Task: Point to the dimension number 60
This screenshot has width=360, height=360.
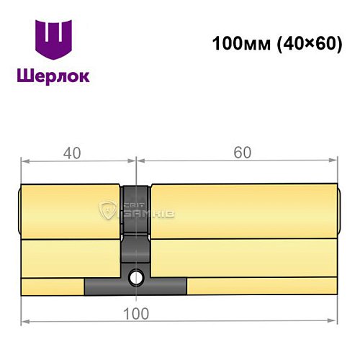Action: [243, 153]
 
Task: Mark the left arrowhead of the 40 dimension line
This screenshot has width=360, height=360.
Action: [24, 163]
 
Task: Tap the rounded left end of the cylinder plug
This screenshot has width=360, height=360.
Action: [19, 210]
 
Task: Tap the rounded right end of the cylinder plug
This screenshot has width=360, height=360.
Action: [338, 210]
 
